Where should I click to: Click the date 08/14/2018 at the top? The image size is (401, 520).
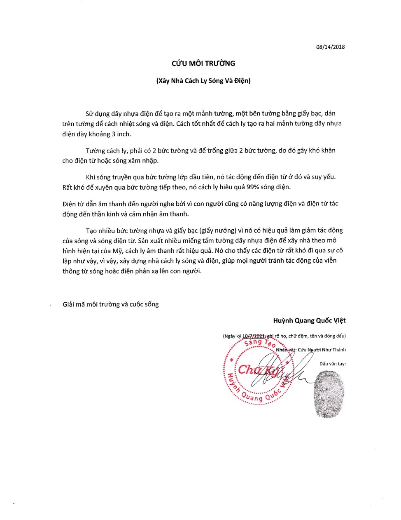[x=330, y=47]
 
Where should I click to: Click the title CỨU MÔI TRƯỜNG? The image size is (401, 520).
[x=203, y=64]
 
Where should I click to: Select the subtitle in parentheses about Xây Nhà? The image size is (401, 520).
[x=203, y=81]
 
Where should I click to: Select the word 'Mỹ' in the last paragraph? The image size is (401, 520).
[x=117, y=251]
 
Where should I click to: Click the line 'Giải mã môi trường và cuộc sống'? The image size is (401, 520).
[x=110, y=304]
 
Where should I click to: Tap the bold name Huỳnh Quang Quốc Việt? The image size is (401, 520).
[x=309, y=320]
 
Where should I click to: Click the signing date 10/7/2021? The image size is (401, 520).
[x=253, y=336]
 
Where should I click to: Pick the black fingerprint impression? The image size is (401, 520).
[x=328, y=394]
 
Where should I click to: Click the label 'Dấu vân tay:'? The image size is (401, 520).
[x=332, y=364]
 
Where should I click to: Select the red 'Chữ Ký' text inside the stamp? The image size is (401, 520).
[x=259, y=370]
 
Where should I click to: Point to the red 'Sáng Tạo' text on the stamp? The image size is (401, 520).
[x=259, y=342]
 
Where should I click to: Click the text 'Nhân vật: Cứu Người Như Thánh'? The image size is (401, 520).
[x=311, y=350]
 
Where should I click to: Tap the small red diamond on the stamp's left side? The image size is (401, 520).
[x=232, y=360]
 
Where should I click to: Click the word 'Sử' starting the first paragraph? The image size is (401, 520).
[x=89, y=113]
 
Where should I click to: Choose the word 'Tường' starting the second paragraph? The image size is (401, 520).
[x=95, y=151]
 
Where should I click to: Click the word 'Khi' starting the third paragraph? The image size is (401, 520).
[x=90, y=177]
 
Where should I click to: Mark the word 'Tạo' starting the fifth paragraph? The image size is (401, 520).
[x=91, y=230]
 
